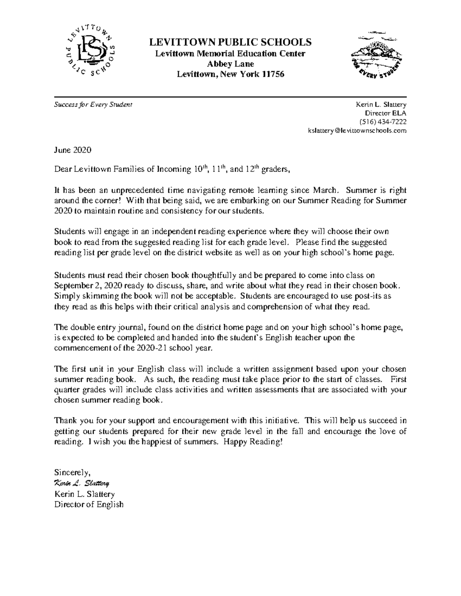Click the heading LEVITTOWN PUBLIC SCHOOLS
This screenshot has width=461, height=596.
point(230,42)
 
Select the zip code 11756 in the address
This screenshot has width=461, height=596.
point(273,74)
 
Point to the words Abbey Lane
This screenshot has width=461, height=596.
point(230,64)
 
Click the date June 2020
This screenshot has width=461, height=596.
point(73,150)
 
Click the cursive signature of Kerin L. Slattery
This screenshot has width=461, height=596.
point(82,483)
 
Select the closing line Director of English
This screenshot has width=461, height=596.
point(89,505)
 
